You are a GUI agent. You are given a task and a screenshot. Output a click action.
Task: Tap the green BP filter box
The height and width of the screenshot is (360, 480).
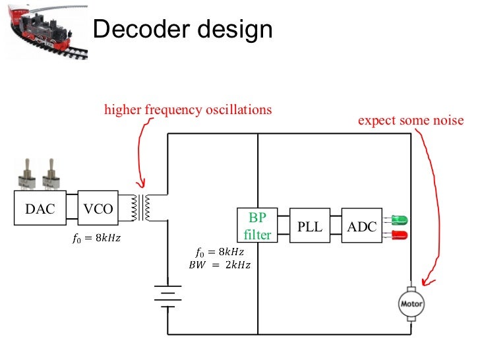(257, 225)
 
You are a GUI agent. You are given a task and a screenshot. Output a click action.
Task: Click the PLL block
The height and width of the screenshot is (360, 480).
(309, 226)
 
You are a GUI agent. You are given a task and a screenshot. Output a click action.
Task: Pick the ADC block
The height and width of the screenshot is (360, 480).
(361, 226)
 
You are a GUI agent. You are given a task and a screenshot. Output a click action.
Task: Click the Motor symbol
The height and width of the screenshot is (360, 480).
(411, 304)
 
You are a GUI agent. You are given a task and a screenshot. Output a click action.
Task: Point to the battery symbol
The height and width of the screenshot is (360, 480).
(167, 295)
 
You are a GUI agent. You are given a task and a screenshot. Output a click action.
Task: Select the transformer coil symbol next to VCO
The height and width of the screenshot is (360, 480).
(142, 208)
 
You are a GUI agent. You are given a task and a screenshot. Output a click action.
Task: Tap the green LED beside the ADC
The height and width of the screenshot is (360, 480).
(399, 219)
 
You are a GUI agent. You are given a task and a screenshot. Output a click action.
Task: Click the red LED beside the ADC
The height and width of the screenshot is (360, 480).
(399, 235)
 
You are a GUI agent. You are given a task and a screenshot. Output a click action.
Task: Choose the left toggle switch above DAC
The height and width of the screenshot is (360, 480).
(29, 174)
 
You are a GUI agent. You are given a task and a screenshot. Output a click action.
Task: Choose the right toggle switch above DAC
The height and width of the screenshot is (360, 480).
(50, 174)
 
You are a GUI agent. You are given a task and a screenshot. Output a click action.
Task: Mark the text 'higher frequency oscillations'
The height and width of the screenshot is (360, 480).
(188, 109)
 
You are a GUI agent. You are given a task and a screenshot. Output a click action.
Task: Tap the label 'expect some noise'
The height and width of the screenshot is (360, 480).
(410, 121)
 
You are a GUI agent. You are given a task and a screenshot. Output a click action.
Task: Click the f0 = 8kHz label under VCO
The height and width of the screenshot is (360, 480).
(96, 238)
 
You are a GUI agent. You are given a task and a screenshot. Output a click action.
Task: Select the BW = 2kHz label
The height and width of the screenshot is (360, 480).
(220, 265)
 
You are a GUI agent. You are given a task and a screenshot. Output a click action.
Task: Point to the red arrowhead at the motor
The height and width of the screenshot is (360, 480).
(425, 282)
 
